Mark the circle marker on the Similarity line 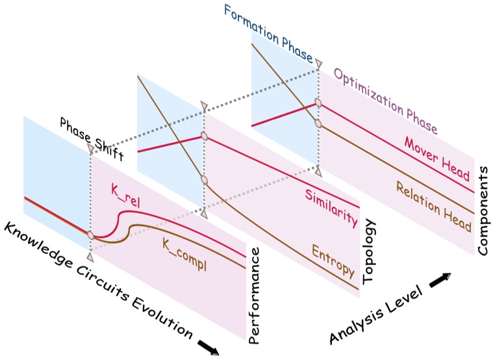(204, 136)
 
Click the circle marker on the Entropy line (204, 180)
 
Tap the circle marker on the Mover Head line (318, 103)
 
